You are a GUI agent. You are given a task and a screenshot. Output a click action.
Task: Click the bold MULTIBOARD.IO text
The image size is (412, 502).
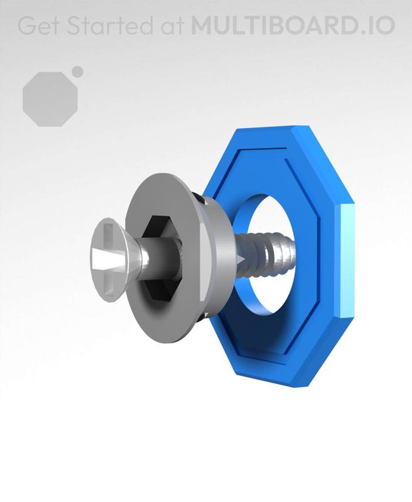pyautogui.click(x=293, y=26)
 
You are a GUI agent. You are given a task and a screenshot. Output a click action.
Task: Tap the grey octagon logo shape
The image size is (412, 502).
pyautogui.click(x=50, y=99)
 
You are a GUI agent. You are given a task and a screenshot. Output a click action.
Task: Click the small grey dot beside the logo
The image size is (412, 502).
pyautogui.click(x=77, y=72)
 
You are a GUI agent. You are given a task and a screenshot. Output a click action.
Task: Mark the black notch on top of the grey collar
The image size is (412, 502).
pyautogui.click(x=199, y=199)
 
